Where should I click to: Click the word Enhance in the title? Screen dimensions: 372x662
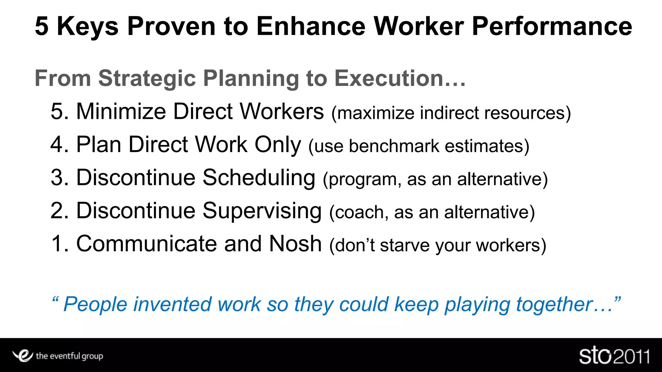(311, 26)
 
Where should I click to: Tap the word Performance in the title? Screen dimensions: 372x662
(551, 26)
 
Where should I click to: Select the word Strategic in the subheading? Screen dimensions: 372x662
(147, 78)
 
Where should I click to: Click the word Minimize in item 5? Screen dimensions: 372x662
(121, 111)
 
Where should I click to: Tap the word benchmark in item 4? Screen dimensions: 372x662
(394, 146)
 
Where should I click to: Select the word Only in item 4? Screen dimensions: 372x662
(278, 145)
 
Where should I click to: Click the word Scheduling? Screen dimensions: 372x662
(259, 178)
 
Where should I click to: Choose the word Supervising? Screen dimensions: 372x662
(262, 211)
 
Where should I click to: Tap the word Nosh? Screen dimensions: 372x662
(295, 244)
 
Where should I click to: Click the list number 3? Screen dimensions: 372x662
(58, 178)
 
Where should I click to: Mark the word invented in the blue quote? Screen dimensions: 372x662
(171, 305)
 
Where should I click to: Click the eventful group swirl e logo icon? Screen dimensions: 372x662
(23, 356)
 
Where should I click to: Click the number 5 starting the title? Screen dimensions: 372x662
(42, 26)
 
